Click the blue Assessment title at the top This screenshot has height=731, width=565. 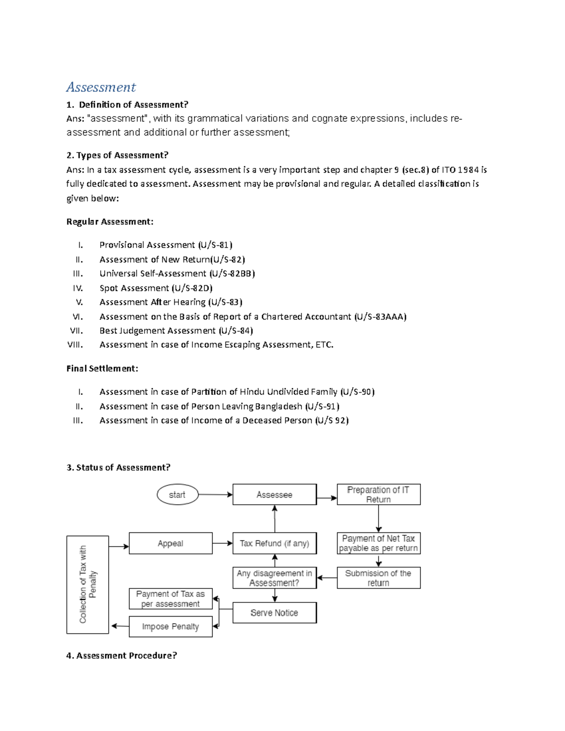click(x=101, y=87)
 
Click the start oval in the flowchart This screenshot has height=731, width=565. click(x=177, y=495)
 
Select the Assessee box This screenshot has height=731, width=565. click(x=274, y=495)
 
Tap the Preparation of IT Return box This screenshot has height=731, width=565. click(x=378, y=495)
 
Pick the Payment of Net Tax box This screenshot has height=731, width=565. click(x=378, y=543)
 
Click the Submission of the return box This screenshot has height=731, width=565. click(x=378, y=578)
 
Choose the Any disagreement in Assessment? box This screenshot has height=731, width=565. click(x=274, y=578)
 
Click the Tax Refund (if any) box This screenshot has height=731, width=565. click(x=274, y=543)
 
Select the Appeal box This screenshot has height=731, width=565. click(x=170, y=543)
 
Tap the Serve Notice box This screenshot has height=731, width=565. click(x=274, y=613)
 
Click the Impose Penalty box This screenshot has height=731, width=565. click(x=170, y=627)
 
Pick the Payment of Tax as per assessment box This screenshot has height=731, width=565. click(x=170, y=599)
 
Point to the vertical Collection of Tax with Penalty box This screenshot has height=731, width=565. click(x=88, y=585)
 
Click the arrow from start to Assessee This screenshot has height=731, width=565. click(x=215, y=495)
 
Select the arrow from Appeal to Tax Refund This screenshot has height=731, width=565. click(x=222, y=543)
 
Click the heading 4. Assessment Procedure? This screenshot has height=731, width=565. click(x=121, y=655)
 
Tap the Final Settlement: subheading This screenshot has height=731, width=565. click(x=102, y=369)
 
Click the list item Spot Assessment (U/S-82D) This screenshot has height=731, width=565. click(x=156, y=288)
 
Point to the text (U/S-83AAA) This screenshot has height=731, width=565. click(x=380, y=317)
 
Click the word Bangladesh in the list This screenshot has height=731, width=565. click(x=279, y=406)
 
